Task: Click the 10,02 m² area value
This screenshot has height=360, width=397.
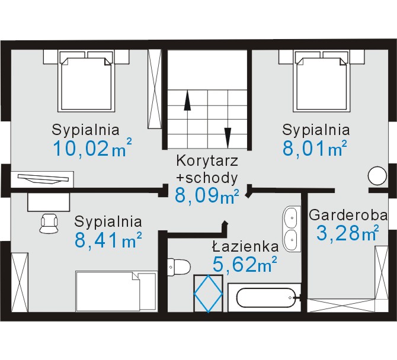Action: (92, 148)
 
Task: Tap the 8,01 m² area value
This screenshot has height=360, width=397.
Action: (315, 148)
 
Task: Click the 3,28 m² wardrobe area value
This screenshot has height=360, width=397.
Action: (348, 233)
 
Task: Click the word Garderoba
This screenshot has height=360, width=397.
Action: (348, 216)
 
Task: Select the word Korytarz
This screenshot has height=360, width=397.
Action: (207, 161)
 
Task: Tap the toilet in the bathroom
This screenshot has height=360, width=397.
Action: (179, 266)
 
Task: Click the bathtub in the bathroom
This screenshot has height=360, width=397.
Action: (265, 297)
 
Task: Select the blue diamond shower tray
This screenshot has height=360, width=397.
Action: (208, 294)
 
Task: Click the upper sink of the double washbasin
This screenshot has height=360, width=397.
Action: (292, 218)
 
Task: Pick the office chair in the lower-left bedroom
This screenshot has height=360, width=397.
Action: (49, 223)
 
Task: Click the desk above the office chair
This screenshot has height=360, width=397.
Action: (49, 202)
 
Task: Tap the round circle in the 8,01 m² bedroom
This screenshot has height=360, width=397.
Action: (377, 176)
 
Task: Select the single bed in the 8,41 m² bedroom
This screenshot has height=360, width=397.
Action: (117, 291)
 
